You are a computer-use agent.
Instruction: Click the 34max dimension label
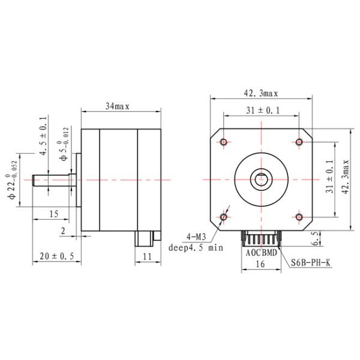point(118,106)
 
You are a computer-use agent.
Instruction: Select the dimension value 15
point(53,214)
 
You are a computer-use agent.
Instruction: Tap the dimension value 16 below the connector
point(260,263)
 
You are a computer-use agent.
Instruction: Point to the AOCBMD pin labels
point(261,253)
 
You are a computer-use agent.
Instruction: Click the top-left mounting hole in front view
point(224,142)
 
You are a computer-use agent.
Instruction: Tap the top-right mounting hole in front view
point(299,142)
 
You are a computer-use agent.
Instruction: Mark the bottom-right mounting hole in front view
point(299,216)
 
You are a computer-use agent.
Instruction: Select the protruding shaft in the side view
point(51,179)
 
